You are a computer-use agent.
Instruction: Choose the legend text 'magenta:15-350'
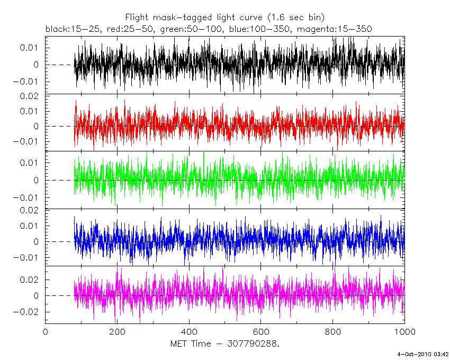click(328, 28)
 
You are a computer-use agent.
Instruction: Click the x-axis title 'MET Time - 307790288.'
click(224, 344)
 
